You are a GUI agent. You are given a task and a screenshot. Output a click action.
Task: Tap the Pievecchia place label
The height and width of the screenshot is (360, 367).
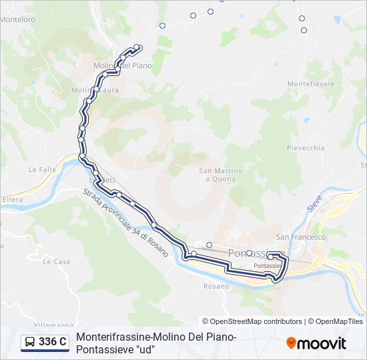[x=306, y=147]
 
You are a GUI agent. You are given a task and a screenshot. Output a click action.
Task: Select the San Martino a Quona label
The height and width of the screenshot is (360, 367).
[x=221, y=175]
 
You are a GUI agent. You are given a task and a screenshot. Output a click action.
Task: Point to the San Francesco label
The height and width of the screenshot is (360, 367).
[x=301, y=237]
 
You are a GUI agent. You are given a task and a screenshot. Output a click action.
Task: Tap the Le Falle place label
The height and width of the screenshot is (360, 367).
[x=42, y=169]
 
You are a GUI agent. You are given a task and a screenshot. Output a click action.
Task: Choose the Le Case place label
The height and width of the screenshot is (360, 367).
[x=57, y=262]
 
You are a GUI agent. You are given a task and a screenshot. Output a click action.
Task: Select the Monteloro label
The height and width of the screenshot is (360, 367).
[x=17, y=19]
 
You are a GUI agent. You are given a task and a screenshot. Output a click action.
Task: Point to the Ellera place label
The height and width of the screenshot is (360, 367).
[x=13, y=199]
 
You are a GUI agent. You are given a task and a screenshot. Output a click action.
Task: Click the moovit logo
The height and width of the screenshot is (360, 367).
[x=316, y=343]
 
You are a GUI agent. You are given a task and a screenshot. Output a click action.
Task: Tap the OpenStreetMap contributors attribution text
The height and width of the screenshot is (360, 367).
[x=252, y=321]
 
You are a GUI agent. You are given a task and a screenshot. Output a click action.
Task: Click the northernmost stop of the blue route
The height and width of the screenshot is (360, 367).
[x=137, y=47]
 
